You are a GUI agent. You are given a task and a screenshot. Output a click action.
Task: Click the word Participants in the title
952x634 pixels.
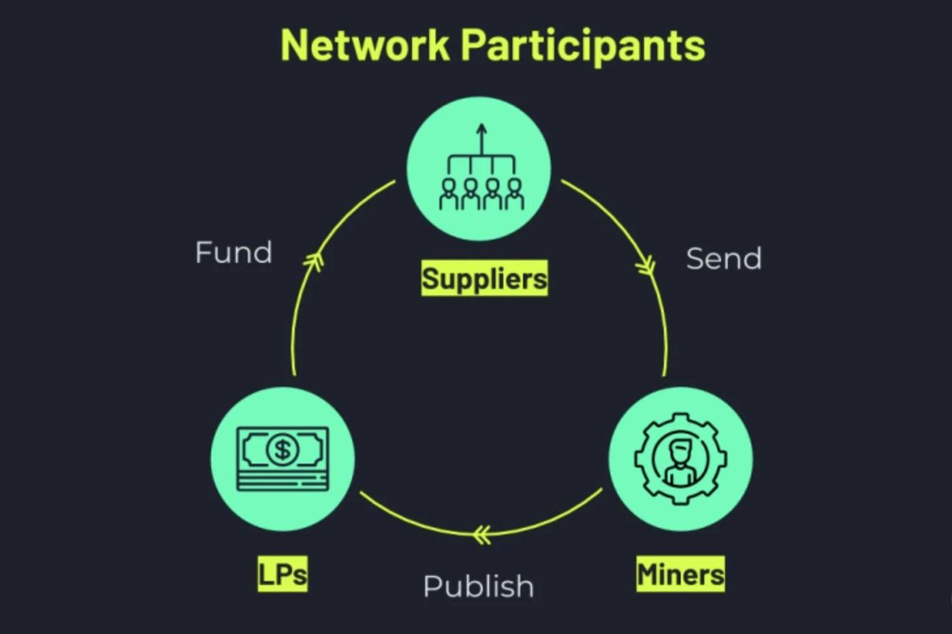coord(583,46)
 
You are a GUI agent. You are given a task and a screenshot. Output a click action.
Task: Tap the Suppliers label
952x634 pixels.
coord(484,279)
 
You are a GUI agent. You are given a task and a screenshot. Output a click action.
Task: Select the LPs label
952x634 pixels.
coord(282,574)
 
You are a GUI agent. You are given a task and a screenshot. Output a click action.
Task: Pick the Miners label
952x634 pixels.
coord(680,574)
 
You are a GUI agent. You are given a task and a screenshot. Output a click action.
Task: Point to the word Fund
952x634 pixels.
coord(233,252)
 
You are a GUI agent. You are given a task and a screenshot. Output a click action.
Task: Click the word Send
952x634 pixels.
coord(724,259)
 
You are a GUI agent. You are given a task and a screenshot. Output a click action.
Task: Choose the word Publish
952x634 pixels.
coord(478,586)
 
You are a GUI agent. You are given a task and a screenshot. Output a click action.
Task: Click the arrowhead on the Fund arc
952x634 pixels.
coord(314,262)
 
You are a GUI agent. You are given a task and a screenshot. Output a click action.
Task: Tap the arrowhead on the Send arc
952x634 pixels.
coord(646,266)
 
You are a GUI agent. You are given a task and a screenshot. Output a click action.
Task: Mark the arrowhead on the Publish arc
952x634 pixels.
coord(482,535)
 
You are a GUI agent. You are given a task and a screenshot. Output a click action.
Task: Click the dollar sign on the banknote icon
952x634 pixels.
coord(282,449)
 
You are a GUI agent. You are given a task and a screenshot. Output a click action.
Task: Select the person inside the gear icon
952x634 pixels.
coord(680,462)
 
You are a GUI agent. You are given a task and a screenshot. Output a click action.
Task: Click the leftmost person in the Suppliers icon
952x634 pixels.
coord(449,194)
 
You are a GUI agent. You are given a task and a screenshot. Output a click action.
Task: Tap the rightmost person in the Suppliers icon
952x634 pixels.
coord(514,194)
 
